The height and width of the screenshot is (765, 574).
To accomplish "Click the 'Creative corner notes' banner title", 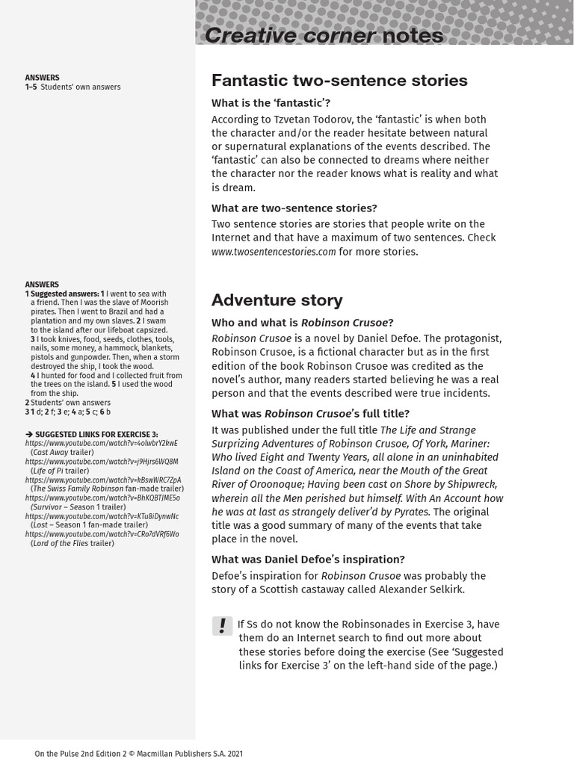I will coord(324,35).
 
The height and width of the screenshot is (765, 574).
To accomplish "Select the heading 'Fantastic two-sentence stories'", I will coord(339,80).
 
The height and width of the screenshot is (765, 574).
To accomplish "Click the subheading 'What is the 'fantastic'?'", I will coord(271,103).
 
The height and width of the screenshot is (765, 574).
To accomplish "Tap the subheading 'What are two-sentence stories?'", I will coord(294,208).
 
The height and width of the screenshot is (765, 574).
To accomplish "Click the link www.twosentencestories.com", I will coord(274,252).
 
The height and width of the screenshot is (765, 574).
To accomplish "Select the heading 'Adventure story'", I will coord(277,300).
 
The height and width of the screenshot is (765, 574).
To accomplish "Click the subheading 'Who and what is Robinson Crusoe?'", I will coord(302,323).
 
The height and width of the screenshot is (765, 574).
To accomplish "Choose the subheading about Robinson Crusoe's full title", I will coord(310,414).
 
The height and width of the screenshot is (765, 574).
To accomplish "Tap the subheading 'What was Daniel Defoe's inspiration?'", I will coord(308,560).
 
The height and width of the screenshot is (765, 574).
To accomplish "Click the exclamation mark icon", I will coord(222,626).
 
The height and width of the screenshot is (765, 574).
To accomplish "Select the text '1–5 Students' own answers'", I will coord(72,87).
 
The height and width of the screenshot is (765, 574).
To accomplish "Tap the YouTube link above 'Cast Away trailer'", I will coord(101,443).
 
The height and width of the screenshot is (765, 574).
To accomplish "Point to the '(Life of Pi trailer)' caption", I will coord(60,471).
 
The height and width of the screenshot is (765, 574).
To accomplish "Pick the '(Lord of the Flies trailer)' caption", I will coord(72,543).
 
